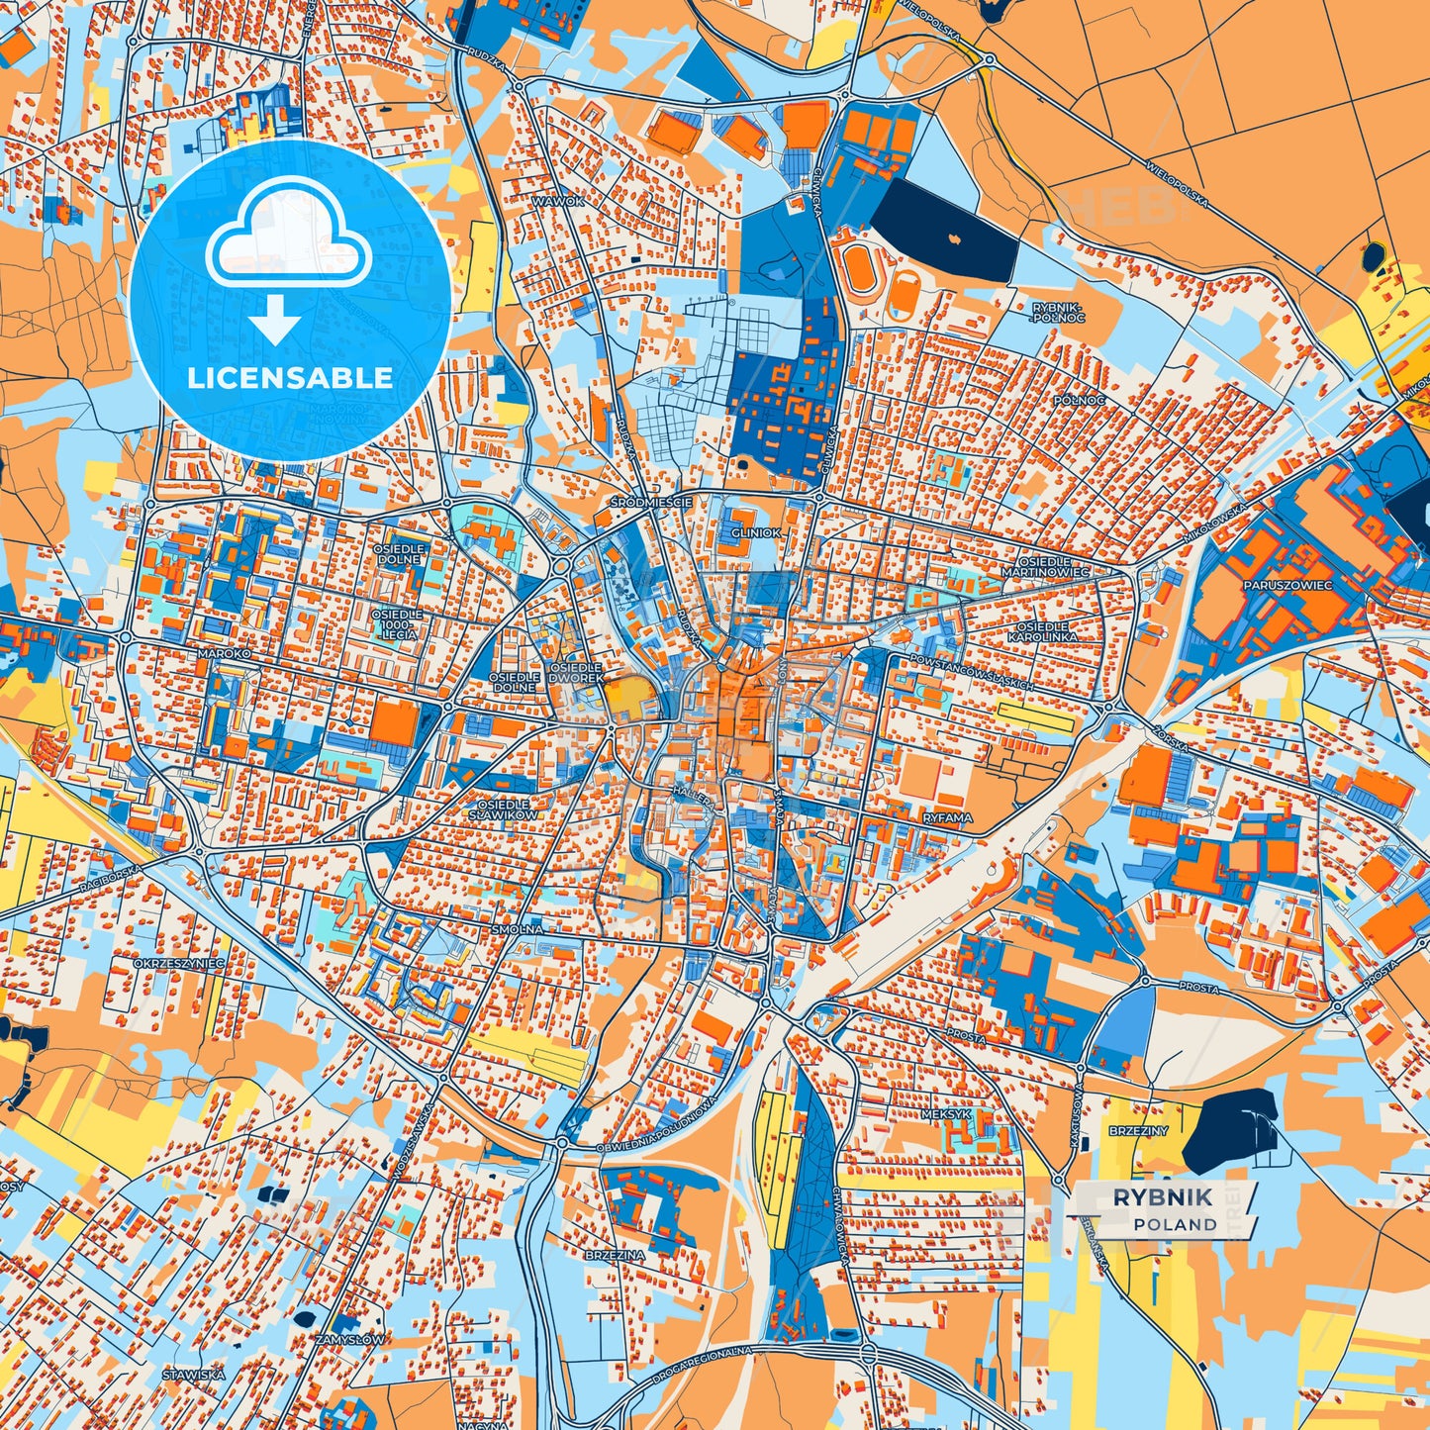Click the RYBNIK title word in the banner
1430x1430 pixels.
point(1162,1197)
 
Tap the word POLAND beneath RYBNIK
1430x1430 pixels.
point(1175,1224)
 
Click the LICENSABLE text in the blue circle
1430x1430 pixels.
point(290,378)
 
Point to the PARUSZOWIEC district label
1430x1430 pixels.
point(1287,585)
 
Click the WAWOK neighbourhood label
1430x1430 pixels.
point(558,201)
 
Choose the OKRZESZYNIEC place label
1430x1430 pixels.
point(179,962)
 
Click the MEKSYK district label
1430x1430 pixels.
point(946,1113)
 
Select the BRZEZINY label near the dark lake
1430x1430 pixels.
point(1138,1130)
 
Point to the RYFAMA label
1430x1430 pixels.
point(947,818)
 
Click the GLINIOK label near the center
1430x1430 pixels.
point(756,532)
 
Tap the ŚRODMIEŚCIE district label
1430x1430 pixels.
point(651,503)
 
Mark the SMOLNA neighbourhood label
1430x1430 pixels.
point(517,930)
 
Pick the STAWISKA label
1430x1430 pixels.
point(194,1375)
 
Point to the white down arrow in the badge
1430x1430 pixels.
point(276,322)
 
